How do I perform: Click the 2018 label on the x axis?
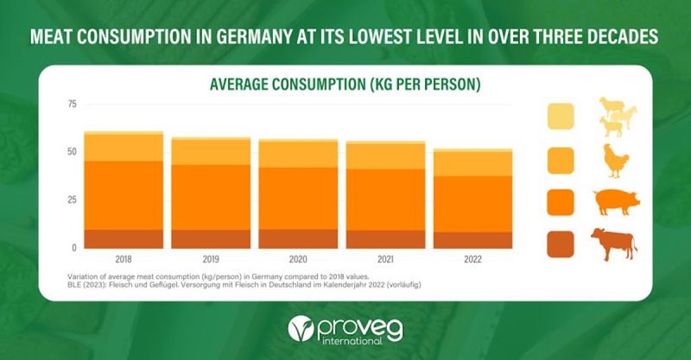tap(124, 260)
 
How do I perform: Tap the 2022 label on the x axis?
tap(472, 260)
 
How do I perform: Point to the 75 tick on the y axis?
tap(72, 104)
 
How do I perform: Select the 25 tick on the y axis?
tap(72, 199)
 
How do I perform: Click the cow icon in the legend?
tap(614, 244)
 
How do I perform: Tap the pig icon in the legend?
tap(617, 202)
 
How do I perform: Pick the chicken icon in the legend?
tap(615, 161)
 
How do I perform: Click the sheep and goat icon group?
tap(618, 117)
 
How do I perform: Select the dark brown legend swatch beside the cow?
tap(561, 244)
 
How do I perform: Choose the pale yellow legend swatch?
tap(561, 117)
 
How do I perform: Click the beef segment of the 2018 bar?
tap(124, 239)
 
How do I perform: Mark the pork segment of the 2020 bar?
tap(298, 199)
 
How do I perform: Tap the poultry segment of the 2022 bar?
tap(472, 164)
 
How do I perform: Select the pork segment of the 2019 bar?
tap(211, 198)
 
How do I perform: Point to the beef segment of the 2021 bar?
tap(385, 239)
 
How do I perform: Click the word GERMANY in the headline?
tap(253, 36)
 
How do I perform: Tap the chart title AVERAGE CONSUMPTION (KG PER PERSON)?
tap(345, 84)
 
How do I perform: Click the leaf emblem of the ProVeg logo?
tap(301, 328)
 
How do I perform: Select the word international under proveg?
tap(352, 341)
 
